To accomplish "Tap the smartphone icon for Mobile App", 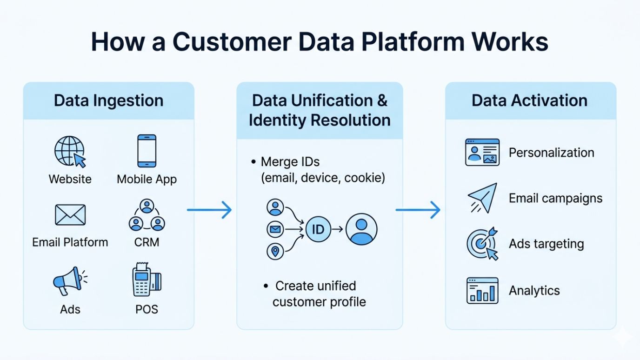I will (x=147, y=151).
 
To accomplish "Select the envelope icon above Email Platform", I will (x=70, y=215).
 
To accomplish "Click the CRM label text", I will (x=147, y=242).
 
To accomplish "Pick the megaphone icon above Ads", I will (x=69, y=281).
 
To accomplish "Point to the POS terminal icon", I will (x=146, y=280).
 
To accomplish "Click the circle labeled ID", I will (x=318, y=229).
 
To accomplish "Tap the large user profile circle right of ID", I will (x=361, y=229).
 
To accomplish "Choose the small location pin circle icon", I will (x=275, y=252).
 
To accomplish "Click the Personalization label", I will (x=551, y=153).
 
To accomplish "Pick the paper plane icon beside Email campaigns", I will (x=482, y=198).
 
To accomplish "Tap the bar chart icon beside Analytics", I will (x=482, y=291).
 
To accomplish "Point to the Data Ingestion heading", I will (x=108, y=100).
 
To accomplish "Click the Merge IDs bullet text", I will (x=290, y=162).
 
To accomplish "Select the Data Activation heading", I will (x=529, y=100).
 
